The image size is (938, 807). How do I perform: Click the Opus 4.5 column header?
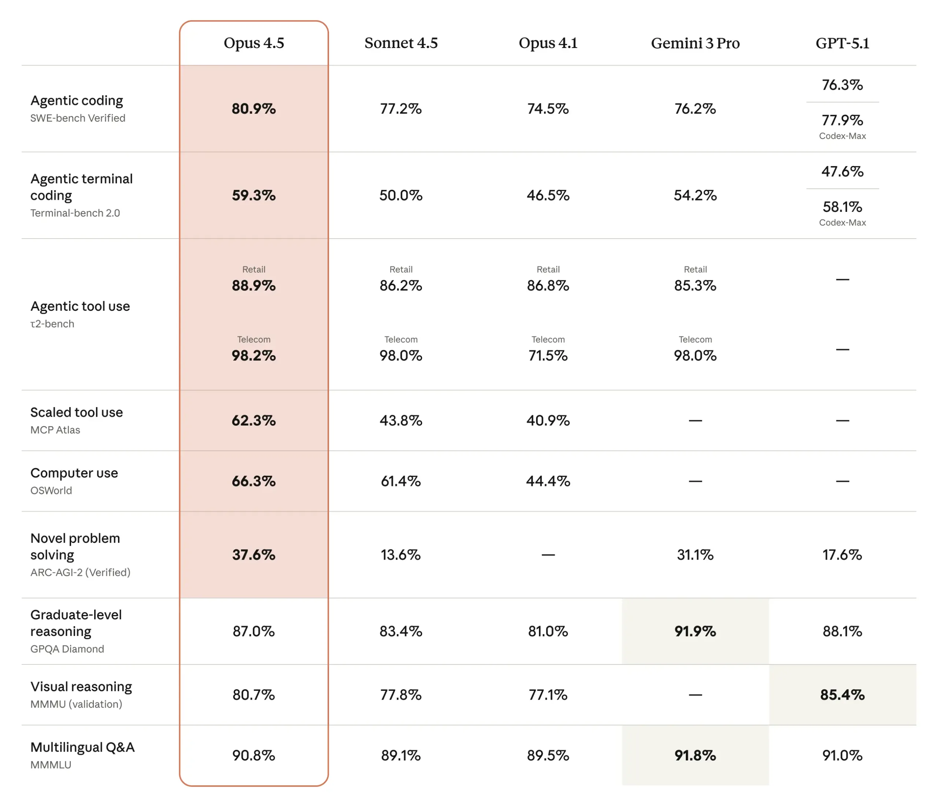(254, 43)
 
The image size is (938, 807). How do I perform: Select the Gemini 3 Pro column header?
(695, 43)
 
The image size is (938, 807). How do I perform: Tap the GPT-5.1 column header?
(842, 43)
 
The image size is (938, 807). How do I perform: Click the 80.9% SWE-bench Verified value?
(254, 109)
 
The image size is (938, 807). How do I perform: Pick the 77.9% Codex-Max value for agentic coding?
(842, 120)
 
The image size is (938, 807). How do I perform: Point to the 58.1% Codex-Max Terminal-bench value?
(842, 207)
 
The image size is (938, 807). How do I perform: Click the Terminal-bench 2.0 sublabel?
(75, 213)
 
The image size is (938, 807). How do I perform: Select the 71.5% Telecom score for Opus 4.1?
(548, 355)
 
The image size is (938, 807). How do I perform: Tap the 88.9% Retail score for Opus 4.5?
(254, 285)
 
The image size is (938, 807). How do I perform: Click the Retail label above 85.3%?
(695, 269)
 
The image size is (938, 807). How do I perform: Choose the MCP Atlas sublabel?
(55, 430)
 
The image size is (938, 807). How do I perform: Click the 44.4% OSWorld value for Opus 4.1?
(548, 481)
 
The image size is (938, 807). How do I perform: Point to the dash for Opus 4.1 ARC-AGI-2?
(548, 555)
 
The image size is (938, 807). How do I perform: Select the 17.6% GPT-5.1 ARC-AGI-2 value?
(842, 555)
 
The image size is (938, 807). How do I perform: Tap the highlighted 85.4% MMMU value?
(842, 695)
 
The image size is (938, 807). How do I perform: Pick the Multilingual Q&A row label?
(82, 747)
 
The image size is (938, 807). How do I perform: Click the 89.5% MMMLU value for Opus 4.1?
(548, 755)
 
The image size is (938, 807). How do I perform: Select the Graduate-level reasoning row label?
(76, 623)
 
